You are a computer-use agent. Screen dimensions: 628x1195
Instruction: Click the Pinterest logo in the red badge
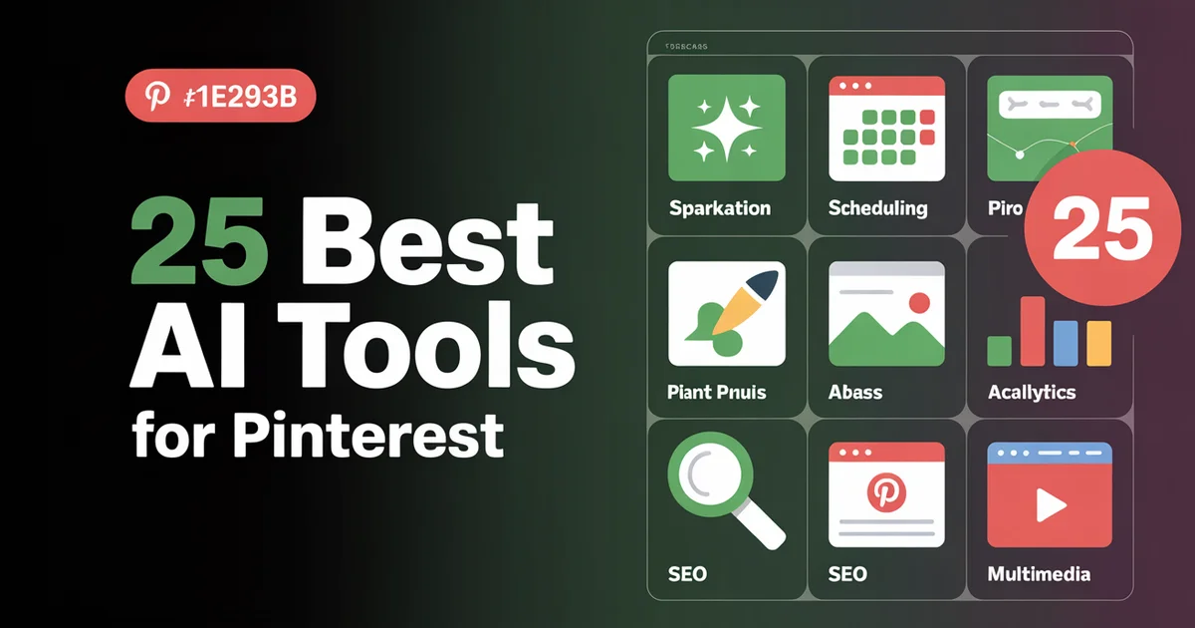pos(156,97)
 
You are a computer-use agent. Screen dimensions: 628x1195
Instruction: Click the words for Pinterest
pos(318,436)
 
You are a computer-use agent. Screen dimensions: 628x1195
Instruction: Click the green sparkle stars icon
pos(726,128)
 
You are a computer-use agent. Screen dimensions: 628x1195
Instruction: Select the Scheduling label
pos(877,208)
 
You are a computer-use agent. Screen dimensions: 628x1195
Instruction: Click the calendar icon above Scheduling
pos(886,128)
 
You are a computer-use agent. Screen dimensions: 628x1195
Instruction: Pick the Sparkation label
pos(720,208)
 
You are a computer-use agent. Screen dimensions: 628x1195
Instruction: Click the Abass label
pos(855,392)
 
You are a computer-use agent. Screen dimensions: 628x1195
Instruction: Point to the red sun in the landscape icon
pos(920,301)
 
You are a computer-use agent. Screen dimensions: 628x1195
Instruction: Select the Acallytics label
pos(1032,392)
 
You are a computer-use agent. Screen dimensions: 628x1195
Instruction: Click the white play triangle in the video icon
pos(1050,506)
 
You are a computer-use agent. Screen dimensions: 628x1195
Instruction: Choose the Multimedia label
pos(1039,574)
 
